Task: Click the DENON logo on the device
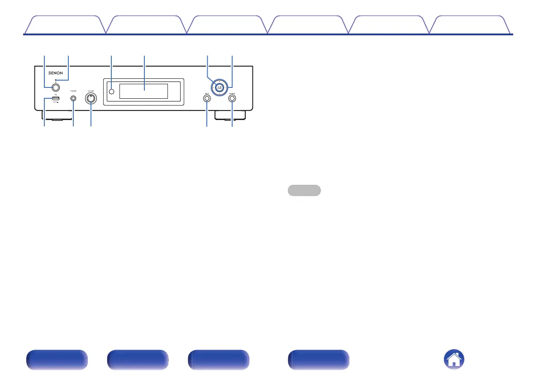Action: pos(56,72)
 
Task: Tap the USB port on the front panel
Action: pos(55,98)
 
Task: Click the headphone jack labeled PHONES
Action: pos(73,98)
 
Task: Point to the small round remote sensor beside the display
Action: pos(111,92)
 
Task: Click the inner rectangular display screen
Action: pos(143,91)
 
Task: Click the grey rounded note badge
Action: pos(304,190)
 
